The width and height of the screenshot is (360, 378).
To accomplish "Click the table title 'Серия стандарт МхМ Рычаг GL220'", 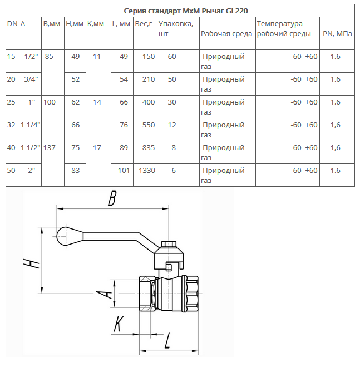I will (181, 11).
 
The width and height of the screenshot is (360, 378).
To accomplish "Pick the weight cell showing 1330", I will (147, 170).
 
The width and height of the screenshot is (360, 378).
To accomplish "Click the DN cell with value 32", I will (11, 125).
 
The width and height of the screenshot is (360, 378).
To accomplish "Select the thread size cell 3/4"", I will (30, 79).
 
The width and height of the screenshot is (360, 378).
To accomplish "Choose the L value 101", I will (124, 170).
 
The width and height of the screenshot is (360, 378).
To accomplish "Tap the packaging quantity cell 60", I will (171, 56).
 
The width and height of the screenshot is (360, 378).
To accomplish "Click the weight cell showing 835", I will (148, 147).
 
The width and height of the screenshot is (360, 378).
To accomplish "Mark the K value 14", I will (97, 102).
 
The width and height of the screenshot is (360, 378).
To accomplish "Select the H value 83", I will (76, 170).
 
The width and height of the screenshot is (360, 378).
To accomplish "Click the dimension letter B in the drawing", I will (112, 198).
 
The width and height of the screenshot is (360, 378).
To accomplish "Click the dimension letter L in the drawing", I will (167, 339).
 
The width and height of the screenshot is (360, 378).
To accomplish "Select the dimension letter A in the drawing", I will (102, 292).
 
